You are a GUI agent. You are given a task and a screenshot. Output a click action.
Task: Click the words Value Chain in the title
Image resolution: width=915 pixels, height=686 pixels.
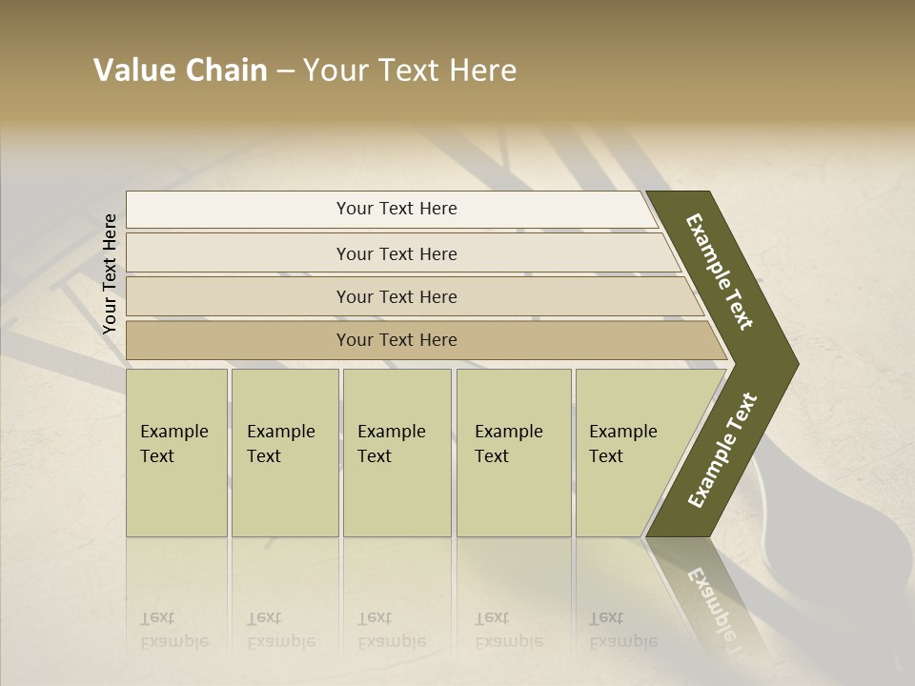(x=180, y=71)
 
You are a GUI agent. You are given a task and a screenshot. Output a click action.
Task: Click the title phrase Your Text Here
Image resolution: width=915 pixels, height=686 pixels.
(x=410, y=71)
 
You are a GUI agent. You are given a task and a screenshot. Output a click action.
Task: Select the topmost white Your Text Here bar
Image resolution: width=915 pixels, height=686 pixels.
(x=396, y=209)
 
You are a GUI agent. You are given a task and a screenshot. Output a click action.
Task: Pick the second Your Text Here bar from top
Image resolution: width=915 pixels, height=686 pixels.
(x=396, y=253)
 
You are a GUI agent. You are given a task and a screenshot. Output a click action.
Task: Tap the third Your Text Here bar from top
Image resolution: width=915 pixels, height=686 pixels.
(x=396, y=296)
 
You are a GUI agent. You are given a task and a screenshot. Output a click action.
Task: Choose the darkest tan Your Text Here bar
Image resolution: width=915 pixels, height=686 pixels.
(x=396, y=340)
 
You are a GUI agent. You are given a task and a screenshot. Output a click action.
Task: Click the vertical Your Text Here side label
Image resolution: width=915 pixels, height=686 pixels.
(x=110, y=274)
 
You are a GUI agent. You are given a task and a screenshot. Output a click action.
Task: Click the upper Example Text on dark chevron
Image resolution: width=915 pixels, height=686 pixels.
(x=720, y=272)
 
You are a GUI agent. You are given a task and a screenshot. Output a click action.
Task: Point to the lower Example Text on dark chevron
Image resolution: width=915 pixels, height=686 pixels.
(x=722, y=451)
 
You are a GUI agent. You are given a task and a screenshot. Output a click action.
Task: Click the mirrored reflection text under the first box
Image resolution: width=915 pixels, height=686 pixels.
(x=174, y=630)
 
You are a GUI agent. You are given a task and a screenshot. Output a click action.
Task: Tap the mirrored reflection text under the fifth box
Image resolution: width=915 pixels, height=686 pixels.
(x=623, y=630)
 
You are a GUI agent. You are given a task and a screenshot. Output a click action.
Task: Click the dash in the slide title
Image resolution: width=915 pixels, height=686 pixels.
(x=285, y=71)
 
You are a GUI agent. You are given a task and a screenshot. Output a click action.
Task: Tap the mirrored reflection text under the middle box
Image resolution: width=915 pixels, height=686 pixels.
(x=392, y=630)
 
